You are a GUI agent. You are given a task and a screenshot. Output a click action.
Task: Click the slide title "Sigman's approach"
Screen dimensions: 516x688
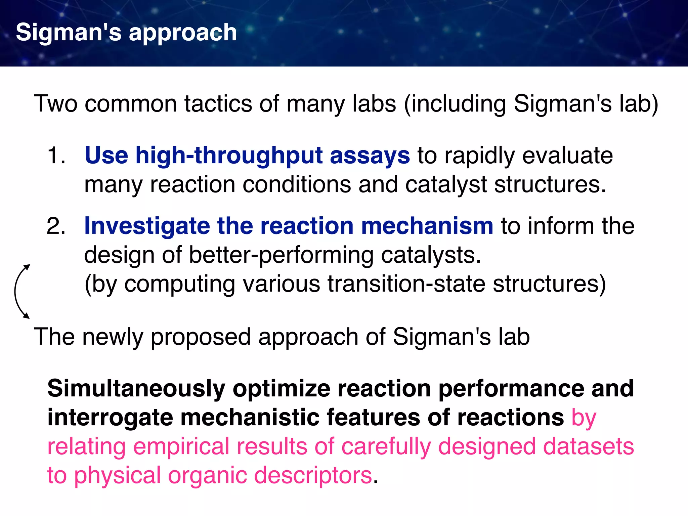click(126, 33)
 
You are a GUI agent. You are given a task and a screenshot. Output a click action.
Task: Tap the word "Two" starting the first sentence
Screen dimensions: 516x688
click(55, 103)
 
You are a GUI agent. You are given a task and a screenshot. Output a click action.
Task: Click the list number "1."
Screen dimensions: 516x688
click(56, 156)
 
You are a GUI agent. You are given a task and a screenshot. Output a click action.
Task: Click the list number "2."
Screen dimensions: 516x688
click(56, 226)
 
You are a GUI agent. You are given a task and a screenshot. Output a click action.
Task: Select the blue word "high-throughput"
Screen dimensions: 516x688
click(229, 156)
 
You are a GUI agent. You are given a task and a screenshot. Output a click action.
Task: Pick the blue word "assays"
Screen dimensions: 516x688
click(370, 156)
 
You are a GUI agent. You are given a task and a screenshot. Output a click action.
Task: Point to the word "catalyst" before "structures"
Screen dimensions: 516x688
click(446, 184)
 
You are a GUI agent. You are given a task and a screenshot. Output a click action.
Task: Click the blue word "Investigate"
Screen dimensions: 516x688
click(147, 226)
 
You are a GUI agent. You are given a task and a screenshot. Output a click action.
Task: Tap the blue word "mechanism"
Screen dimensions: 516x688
click(427, 226)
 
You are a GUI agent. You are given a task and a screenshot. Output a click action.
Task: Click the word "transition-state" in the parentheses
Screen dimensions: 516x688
click(406, 284)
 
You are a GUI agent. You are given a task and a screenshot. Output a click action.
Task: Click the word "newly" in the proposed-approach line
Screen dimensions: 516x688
click(113, 337)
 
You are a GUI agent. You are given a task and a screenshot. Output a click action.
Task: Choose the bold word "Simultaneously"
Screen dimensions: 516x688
click(136, 389)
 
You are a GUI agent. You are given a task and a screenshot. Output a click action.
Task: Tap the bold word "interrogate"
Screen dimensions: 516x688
click(110, 418)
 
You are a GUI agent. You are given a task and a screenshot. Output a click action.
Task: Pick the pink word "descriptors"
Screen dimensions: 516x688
click(313, 475)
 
